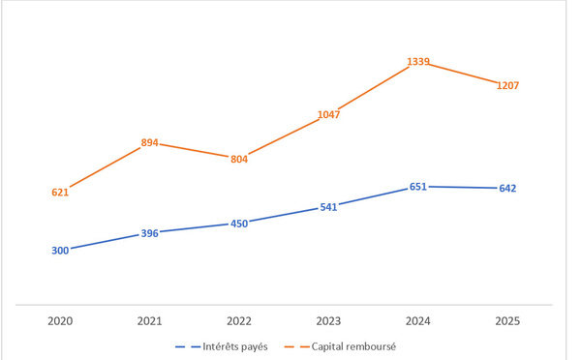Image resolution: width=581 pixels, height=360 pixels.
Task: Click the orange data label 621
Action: [x=60, y=193]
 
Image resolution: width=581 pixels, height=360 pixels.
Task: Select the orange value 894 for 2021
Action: [x=150, y=142]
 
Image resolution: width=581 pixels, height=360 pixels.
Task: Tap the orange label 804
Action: [x=239, y=160]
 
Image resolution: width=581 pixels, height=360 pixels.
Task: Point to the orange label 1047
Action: [x=328, y=115]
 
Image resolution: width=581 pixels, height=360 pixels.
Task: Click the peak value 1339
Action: [x=418, y=62]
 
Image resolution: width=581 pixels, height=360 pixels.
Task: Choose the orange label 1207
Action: [x=507, y=85]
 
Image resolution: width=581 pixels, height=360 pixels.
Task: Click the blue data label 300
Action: [x=60, y=251]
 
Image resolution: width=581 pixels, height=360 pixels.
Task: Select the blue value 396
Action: [x=150, y=233]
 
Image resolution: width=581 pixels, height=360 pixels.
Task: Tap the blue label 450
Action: [x=239, y=224]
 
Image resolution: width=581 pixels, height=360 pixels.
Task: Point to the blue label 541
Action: [x=328, y=207]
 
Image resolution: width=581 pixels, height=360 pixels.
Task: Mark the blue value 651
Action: [x=418, y=187]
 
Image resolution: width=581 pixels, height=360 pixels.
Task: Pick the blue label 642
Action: [x=507, y=189]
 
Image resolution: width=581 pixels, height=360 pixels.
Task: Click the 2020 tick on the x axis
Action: [x=60, y=321]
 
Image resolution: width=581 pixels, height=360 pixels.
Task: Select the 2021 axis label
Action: [x=150, y=321]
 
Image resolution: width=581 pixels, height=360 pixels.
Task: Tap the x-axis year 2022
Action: [x=239, y=321]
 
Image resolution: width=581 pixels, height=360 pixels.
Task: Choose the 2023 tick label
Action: [x=328, y=321]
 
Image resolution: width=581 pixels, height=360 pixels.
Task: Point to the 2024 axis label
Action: [x=418, y=321]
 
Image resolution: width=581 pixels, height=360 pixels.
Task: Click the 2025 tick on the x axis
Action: [x=507, y=321]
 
